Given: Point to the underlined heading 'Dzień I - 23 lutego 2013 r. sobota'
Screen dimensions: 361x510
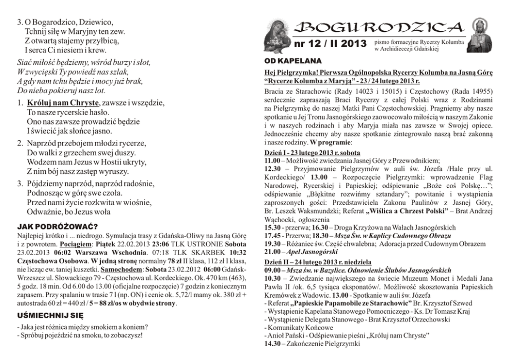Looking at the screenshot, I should pyautogui.click(x=312, y=153).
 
